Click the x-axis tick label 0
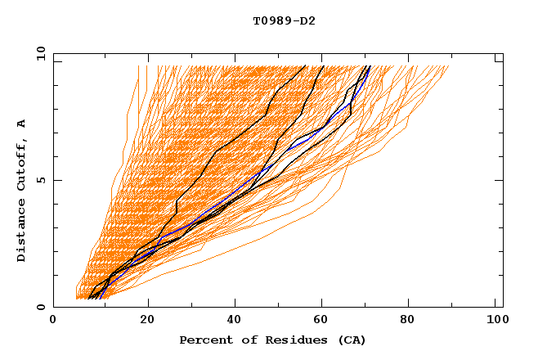click(x=53, y=321)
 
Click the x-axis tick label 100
click(x=495, y=321)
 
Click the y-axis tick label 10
click(x=40, y=53)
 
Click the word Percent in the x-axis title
click(x=202, y=340)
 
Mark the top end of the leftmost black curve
click(x=305, y=66)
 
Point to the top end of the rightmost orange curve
click(x=449, y=66)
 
